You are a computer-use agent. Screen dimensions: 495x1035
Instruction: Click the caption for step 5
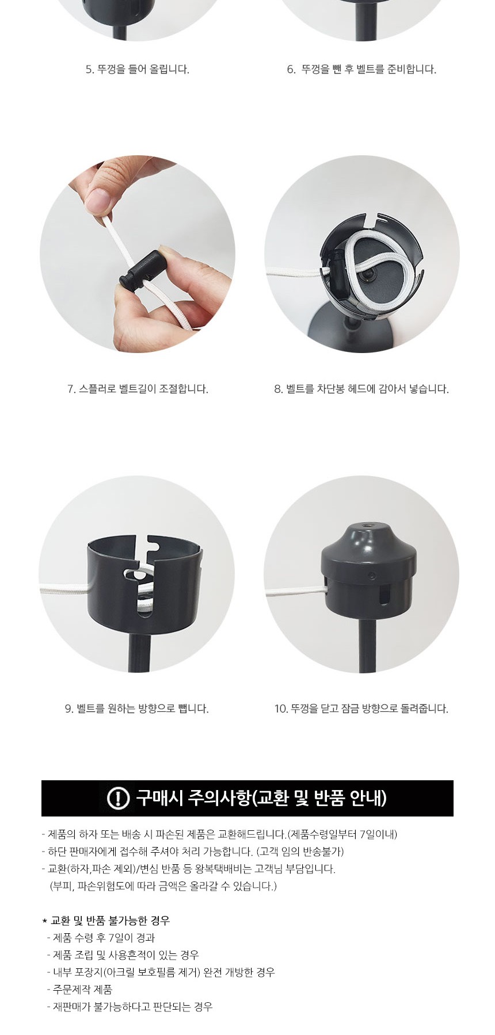[x=138, y=70]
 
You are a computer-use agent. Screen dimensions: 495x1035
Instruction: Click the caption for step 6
[x=361, y=70]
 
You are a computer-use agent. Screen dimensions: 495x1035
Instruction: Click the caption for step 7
[x=138, y=389]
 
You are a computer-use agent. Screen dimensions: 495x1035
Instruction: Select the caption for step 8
[x=361, y=389]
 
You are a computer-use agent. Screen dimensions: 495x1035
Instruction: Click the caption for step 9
[x=136, y=708]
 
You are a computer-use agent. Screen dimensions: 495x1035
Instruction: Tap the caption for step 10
[x=361, y=708]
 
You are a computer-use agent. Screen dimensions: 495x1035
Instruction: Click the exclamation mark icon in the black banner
[x=119, y=798]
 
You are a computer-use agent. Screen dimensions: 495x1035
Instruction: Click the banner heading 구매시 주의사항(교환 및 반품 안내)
[x=261, y=798]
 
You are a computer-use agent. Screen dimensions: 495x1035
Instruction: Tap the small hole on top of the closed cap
[x=367, y=526]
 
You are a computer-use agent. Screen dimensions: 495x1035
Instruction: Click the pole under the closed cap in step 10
[x=367, y=645]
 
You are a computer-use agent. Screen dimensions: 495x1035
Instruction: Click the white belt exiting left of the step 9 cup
[x=64, y=590]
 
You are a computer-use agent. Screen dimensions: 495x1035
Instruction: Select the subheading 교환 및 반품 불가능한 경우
[x=110, y=921]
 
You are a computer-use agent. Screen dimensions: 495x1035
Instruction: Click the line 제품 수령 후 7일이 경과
[x=101, y=938]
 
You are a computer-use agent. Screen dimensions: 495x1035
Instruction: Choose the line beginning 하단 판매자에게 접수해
[x=193, y=852]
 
